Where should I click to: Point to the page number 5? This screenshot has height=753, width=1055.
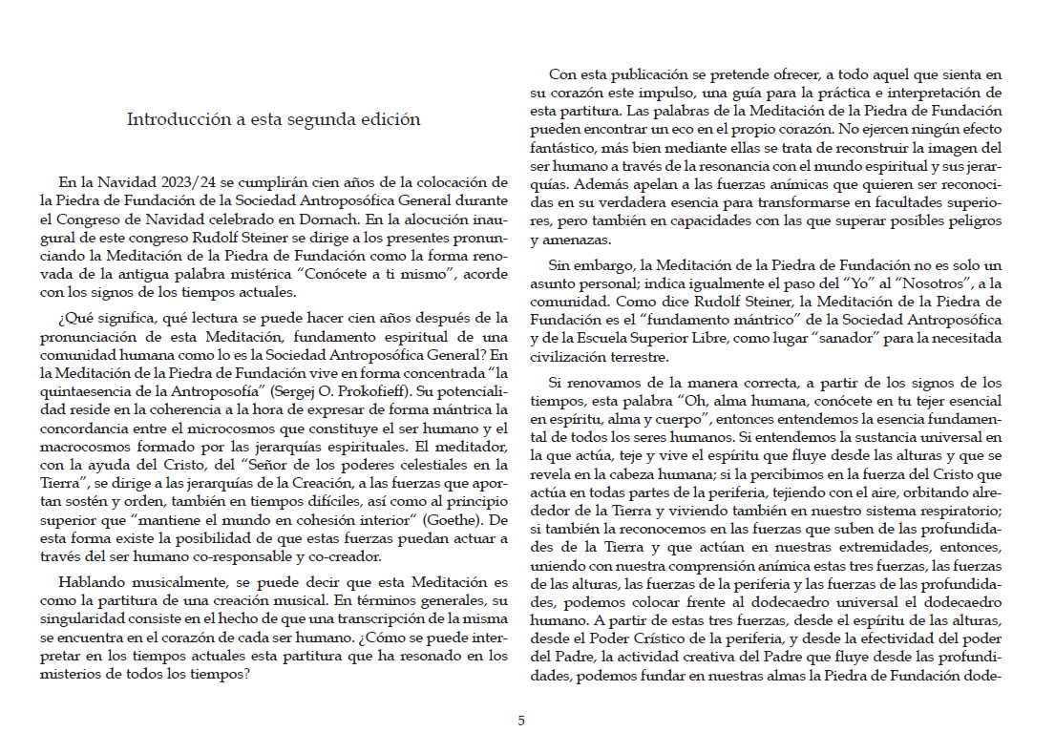(521, 722)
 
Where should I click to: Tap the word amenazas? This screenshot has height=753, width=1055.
(568, 240)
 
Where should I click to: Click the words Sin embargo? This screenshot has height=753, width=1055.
(586, 264)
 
